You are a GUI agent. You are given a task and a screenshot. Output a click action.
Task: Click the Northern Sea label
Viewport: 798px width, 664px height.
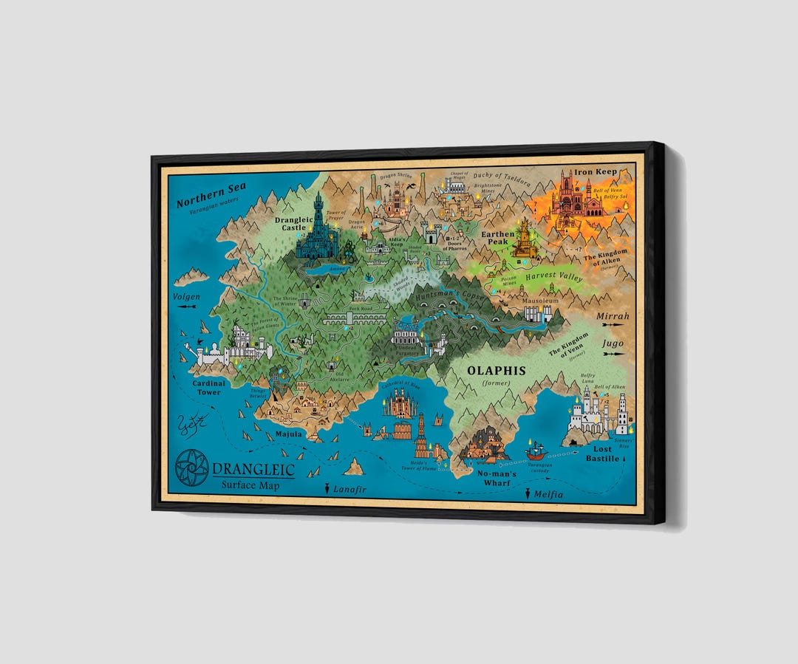(x=211, y=191)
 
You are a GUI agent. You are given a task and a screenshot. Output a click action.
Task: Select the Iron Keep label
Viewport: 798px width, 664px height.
(x=596, y=171)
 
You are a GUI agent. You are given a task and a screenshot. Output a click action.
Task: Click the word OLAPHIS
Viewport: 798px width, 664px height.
(x=495, y=370)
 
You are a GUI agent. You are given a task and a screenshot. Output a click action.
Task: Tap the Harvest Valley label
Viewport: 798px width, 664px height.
(x=553, y=278)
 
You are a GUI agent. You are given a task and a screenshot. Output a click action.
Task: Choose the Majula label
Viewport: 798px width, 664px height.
(x=288, y=434)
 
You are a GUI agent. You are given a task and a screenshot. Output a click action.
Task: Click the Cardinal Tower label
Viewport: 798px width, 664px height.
(x=208, y=387)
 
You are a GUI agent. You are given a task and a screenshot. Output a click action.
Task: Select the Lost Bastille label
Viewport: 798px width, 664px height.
(x=601, y=453)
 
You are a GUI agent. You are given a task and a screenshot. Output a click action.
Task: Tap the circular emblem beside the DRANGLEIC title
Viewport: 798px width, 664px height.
(x=191, y=468)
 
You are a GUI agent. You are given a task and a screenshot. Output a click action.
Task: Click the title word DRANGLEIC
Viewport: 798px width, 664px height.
(x=253, y=470)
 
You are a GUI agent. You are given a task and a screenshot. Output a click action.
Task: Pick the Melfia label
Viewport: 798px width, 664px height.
(x=547, y=494)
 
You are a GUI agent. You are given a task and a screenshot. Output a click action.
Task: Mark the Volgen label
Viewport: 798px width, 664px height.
(x=187, y=297)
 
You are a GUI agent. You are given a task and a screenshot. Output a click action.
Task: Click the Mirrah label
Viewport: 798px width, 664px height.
(x=613, y=316)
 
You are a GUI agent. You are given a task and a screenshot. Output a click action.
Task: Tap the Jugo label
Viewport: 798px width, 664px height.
(x=613, y=343)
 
